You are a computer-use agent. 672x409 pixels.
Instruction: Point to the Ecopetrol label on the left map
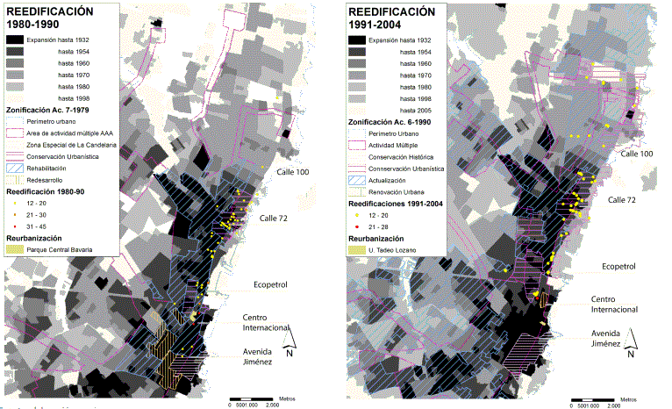coord(258,283)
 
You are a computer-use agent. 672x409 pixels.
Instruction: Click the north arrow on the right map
coord(631,350)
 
